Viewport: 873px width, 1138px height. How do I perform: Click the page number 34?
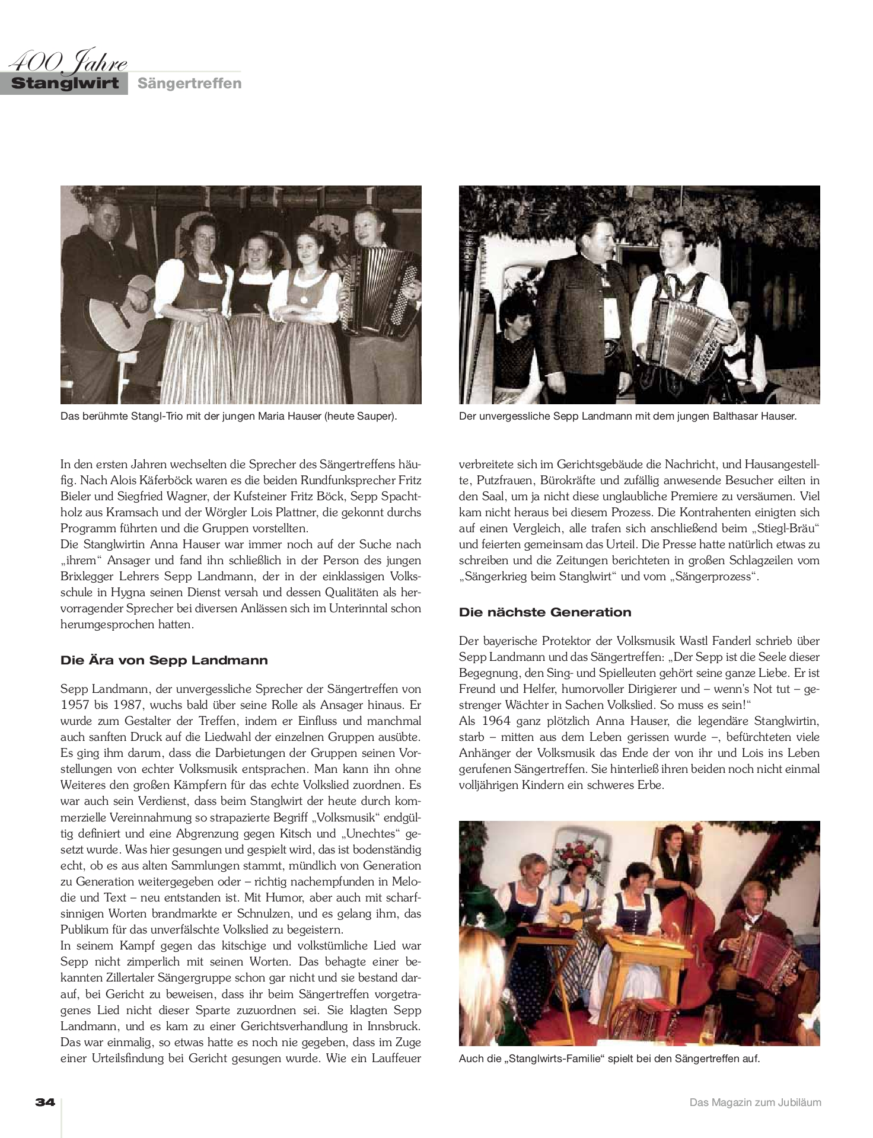point(45,1102)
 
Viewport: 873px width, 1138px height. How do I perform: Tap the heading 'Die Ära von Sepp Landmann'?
point(164,660)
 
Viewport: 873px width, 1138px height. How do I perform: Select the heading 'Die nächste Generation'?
point(545,612)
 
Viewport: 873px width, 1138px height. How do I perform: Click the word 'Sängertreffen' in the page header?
point(190,84)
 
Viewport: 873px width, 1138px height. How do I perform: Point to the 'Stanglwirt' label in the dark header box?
point(65,84)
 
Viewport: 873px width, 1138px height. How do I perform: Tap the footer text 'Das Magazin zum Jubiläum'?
point(755,1102)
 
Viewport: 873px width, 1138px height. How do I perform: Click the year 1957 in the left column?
point(75,705)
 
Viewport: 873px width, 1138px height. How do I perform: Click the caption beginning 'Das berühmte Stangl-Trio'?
point(228,417)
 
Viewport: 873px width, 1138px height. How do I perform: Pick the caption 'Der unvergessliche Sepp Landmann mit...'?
point(627,417)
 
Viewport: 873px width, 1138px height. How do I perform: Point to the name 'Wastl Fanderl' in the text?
point(748,641)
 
